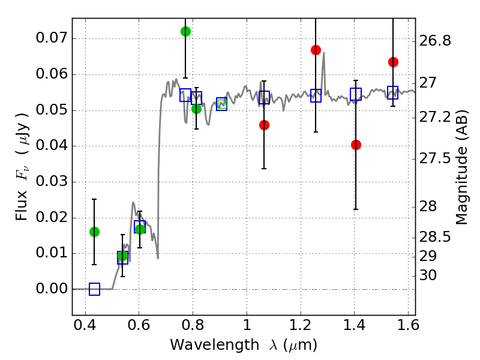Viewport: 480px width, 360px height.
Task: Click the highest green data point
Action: tap(185, 31)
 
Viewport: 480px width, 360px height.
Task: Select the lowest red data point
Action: tap(356, 145)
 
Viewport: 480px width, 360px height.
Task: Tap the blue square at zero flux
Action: tap(94, 289)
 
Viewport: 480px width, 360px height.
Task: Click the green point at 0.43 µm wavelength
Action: tap(94, 232)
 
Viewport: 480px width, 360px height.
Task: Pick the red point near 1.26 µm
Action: tap(316, 50)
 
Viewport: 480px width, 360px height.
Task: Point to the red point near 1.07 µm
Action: tap(264, 125)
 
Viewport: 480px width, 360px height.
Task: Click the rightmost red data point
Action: tap(393, 62)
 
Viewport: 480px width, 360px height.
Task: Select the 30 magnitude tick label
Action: tap(430, 275)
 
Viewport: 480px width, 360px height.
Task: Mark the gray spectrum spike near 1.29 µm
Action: tap(323, 54)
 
